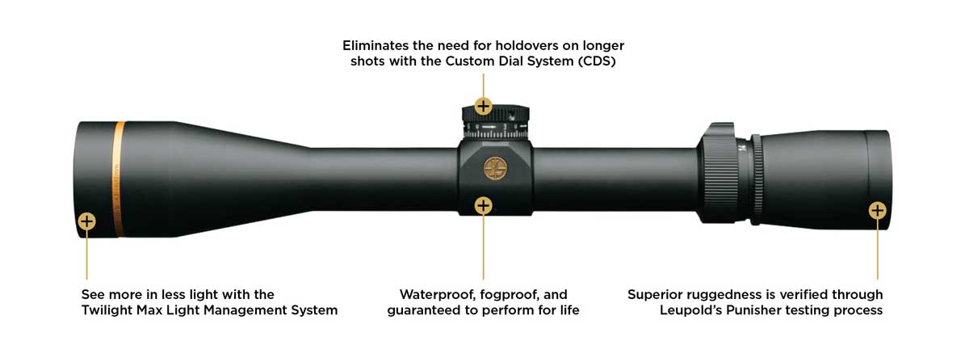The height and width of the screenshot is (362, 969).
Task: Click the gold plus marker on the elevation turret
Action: click(x=484, y=106)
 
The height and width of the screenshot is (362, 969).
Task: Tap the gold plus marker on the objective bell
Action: click(x=87, y=221)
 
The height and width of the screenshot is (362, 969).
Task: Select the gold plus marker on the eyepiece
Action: click(x=878, y=210)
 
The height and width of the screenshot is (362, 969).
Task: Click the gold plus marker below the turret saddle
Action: click(x=484, y=205)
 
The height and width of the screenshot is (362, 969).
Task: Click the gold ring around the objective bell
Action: click(x=119, y=179)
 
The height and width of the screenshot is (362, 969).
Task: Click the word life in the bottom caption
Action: click(x=568, y=310)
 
